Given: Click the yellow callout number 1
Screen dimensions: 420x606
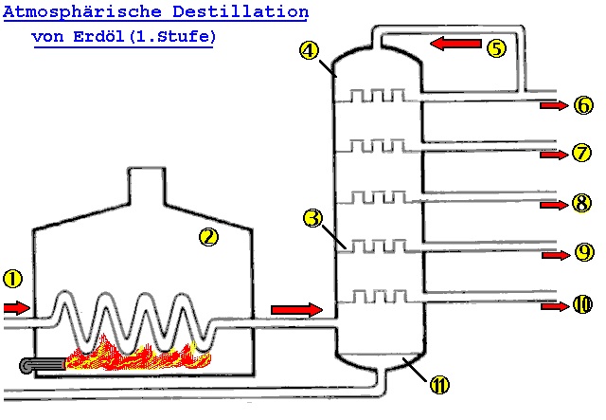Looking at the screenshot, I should coord(11,279).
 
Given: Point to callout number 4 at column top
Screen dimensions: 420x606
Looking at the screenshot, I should coord(308,51).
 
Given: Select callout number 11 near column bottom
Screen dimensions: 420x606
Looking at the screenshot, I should coord(438,384).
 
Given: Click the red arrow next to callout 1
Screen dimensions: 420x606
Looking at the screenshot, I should coord(17,308).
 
